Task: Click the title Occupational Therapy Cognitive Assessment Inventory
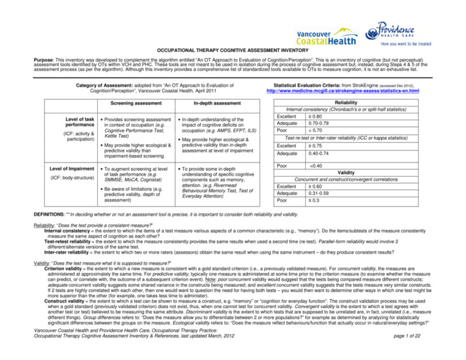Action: point(232,51)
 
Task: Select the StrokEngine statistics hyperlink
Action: point(346,91)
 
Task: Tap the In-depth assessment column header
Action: point(217,103)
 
